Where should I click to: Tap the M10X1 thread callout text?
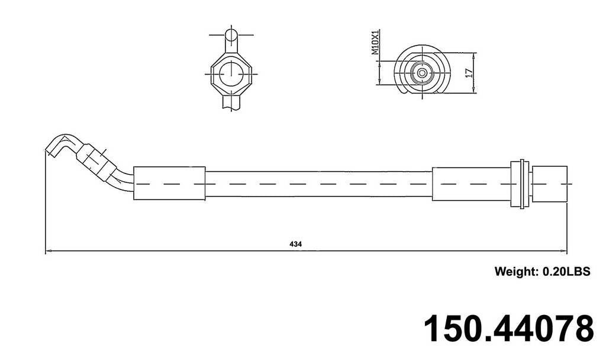pos(375,43)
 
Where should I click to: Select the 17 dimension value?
pos(468,73)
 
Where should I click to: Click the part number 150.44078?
pos(508,329)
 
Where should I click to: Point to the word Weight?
pos(515,272)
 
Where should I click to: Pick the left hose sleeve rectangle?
pos(169,184)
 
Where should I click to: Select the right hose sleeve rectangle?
pos(471,184)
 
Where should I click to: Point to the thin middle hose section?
pos(318,184)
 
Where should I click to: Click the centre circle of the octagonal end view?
pos(231,74)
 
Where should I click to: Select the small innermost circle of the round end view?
pos(422,73)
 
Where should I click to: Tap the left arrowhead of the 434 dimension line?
pos(47,251)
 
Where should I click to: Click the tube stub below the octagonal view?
pos(231,103)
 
